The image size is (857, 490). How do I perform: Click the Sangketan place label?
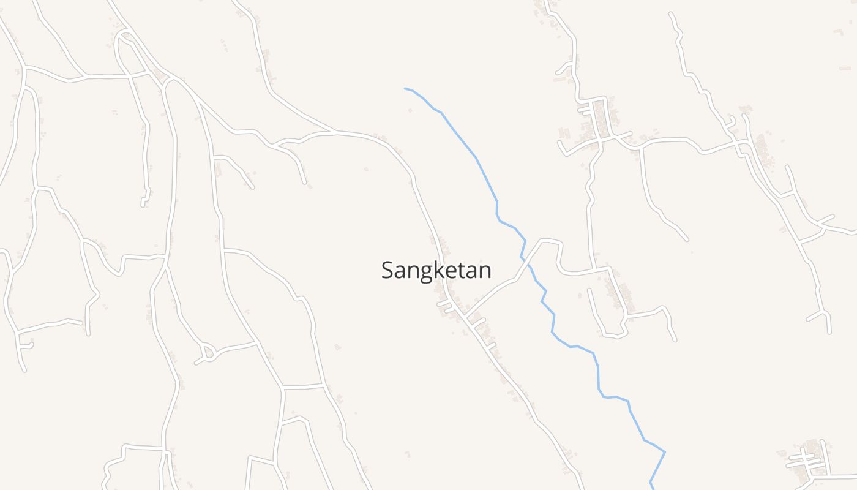pyautogui.click(x=436, y=270)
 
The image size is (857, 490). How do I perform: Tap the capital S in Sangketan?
pyautogui.click(x=387, y=270)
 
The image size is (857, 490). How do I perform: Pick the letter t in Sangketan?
pyautogui.click(x=460, y=270)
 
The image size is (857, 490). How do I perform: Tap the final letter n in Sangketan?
pyautogui.click(x=485, y=271)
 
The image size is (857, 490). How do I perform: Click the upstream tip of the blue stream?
pyautogui.click(x=405, y=88)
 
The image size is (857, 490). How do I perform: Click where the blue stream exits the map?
pyautogui.click(x=651, y=488)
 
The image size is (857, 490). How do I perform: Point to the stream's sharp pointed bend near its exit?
pyautogui.click(x=665, y=452)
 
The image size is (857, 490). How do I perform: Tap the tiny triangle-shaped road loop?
pyautogui.click(x=208, y=352)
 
